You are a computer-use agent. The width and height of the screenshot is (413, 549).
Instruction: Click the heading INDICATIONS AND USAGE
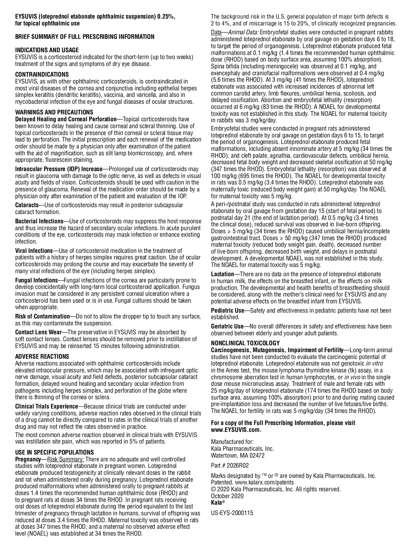pos(47,50)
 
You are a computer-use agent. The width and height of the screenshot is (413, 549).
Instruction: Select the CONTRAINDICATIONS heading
pos(42,75)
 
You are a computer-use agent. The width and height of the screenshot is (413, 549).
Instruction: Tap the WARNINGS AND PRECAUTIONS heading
pos(54,112)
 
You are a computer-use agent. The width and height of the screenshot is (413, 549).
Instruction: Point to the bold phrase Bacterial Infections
pos(39,221)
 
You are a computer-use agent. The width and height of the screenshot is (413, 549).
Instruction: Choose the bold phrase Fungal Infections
pos(36,280)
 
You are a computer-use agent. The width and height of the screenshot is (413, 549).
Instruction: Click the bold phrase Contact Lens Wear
pos(38,332)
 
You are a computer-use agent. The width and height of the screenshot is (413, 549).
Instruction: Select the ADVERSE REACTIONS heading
pos(42,357)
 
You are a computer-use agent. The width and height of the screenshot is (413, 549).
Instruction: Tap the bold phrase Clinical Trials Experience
pos(46,406)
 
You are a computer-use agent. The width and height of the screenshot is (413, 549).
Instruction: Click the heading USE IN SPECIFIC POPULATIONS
pos(54,452)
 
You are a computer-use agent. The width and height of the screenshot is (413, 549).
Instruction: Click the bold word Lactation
pos(222,274)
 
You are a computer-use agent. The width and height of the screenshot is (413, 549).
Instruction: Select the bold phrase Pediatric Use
pos(227,311)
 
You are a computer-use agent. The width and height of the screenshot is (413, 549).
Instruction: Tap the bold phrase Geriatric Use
pos(227,326)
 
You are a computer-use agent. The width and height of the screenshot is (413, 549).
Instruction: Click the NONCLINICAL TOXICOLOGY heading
pos(245,343)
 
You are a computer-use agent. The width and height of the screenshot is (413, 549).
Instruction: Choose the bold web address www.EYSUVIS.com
pos(236,429)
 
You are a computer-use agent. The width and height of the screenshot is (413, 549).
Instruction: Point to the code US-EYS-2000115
pos(232,513)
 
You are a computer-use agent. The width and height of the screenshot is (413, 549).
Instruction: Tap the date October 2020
pos(227,496)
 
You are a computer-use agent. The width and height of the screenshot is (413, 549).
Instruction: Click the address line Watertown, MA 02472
pos(237,456)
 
